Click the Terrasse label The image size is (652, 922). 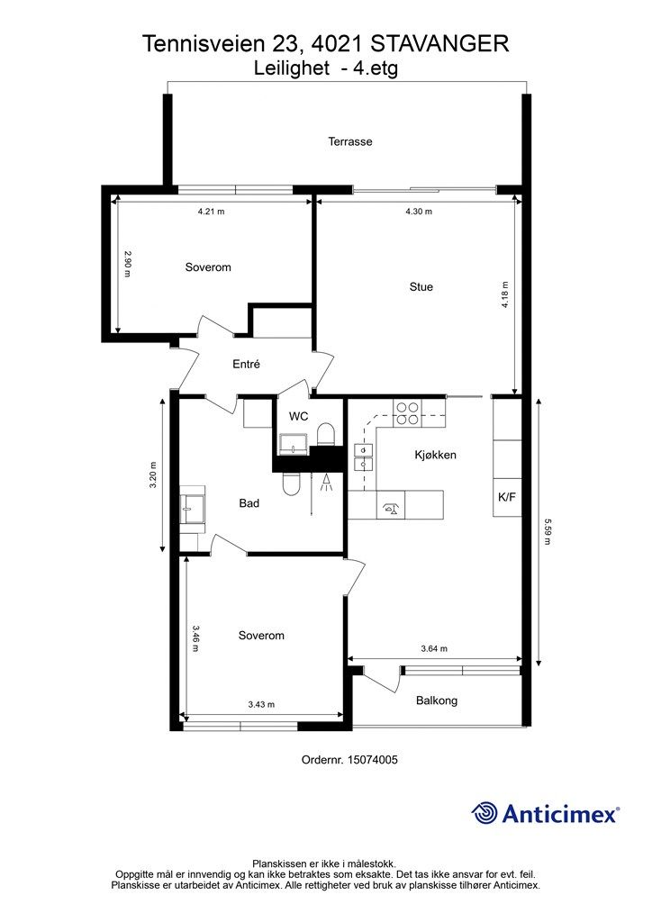tap(349, 141)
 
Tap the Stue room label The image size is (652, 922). tap(421, 287)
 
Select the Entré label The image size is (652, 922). tap(246, 364)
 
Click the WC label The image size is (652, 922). tap(299, 416)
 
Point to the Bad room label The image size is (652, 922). tap(249, 503)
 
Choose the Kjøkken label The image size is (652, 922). tap(435, 455)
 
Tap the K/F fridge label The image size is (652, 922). tap(507, 497)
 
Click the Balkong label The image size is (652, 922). tap(436, 701)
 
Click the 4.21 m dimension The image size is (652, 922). tap(211, 212)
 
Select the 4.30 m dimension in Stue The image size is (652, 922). tap(419, 212)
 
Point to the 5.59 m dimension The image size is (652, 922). tap(548, 531)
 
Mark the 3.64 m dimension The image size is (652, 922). tap(434, 648)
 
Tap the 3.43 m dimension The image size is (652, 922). tap(261, 704)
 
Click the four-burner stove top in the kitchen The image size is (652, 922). tap(407, 412)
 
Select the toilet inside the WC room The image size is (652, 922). tap(325, 435)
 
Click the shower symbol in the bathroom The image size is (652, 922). tap(325, 483)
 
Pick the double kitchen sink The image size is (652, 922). tap(363, 457)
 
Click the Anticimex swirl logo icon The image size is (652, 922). tap(484, 813)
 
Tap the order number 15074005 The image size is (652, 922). tap(372, 760)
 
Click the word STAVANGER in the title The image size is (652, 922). tap(440, 44)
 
